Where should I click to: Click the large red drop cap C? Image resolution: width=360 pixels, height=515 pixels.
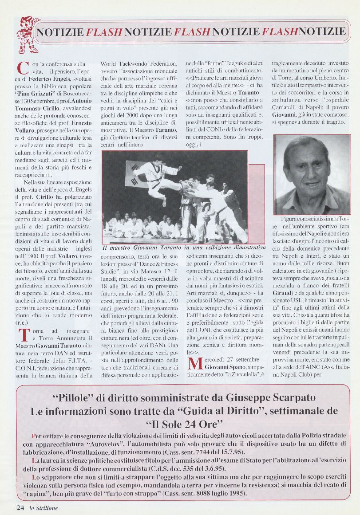23,70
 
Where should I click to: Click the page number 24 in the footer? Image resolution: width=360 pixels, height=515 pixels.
20,507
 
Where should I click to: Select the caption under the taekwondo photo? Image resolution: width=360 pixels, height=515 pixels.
184,248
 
